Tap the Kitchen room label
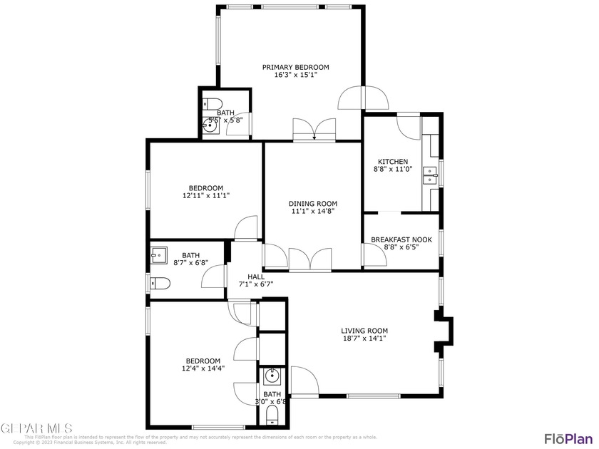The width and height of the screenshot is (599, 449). click(393, 162)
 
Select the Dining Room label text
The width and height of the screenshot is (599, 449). click(312, 203)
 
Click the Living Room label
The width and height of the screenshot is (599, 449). click(364, 331)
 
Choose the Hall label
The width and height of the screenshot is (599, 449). click(255, 277)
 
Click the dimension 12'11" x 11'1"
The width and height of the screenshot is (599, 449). click(205, 195)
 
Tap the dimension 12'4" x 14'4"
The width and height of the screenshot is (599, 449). click(203, 368)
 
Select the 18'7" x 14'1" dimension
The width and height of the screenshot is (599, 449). click(364, 339)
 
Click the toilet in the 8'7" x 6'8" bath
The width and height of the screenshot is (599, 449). click(160, 284)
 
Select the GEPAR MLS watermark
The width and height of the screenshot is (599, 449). click(36, 428)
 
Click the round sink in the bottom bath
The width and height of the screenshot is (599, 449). click(272, 375)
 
